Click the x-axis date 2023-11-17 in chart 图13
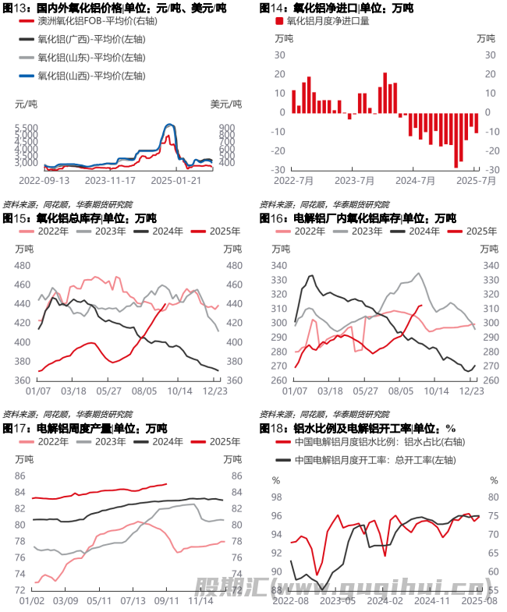[x=110, y=180]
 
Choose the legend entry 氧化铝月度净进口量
[x=328, y=21]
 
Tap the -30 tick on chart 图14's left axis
[x=277, y=170]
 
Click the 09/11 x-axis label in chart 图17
[x=166, y=601]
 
